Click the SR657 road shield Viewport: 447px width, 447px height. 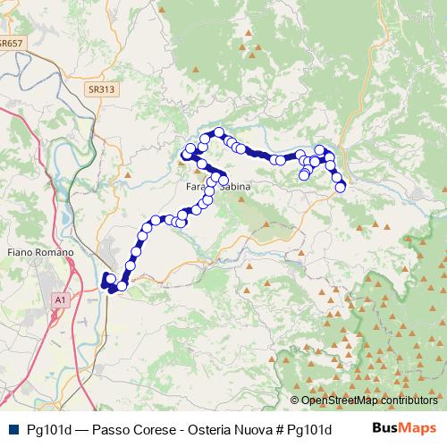point(13,42)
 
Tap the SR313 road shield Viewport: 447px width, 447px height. point(101,89)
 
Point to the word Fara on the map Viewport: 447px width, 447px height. point(196,187)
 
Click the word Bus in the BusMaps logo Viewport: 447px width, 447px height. point(385,429)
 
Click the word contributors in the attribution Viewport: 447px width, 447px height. point(406,401)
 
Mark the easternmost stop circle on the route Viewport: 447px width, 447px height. point(340,187)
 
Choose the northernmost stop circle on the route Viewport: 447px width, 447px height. point(217,133)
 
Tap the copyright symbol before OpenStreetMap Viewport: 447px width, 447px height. point(295,401)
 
